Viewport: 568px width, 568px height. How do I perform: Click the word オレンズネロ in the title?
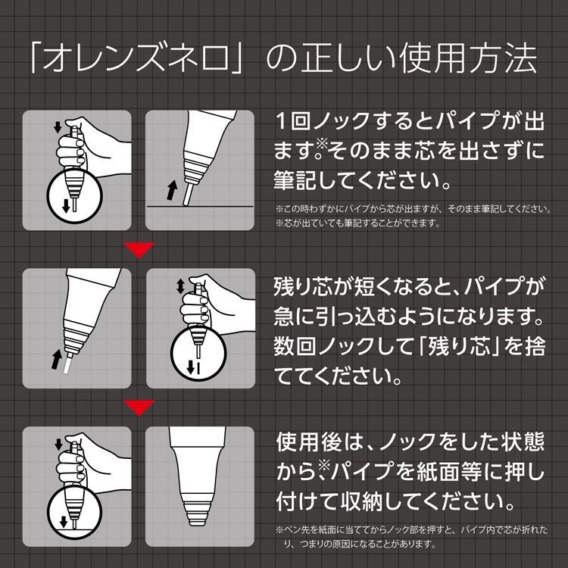click(x=136, y=58)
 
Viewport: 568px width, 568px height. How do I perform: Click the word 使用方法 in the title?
click(x=468, y=58)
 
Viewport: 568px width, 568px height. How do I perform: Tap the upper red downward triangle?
click(x=139, y=250)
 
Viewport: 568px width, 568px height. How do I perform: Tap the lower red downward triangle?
click(x=139, y=408)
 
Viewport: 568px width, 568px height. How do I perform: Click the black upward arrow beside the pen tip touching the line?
click(x=172, y=190)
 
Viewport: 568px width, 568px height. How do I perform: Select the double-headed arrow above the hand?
click(x=180, y=286)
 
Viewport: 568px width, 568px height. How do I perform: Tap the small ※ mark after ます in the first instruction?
click(x=322, y=144)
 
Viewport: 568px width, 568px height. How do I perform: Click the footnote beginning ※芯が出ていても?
click(x=358, y=223)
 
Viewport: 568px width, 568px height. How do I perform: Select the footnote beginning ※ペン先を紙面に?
click(x=412, y=537)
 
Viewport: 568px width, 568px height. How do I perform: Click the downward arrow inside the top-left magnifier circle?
click(x=66, y=206)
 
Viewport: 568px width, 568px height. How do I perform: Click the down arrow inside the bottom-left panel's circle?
click(x=64, y=522)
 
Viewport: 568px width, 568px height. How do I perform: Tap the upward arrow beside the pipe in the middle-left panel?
click(x=57, y=359)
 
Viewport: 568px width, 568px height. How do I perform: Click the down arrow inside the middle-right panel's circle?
click(x=191, y=368)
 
